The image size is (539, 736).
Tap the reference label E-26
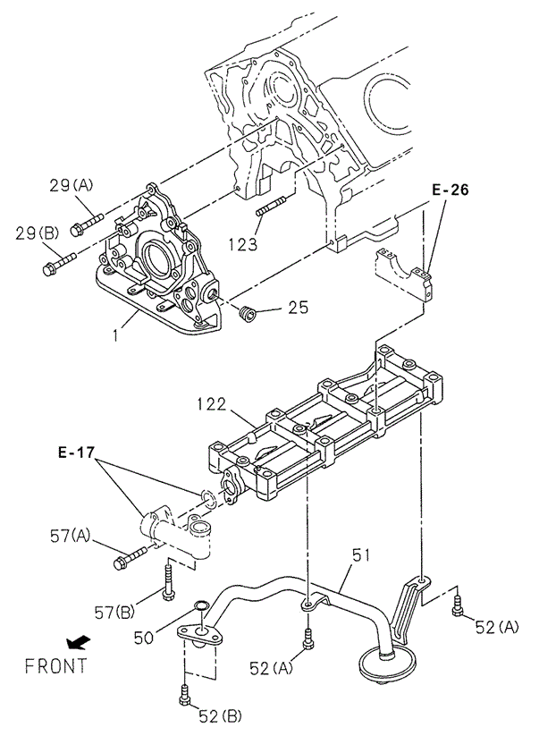click(x=451, y=190)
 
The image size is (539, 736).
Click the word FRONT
click(x=55, y=665)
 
